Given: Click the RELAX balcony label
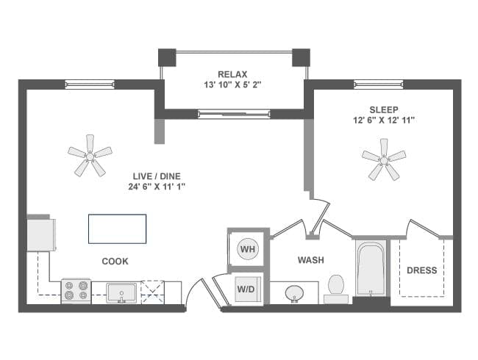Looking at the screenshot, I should (232, 74).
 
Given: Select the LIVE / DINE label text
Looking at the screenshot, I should (156, 176).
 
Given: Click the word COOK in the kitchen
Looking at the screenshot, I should (115, 261).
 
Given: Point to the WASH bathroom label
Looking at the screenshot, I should (311, 260).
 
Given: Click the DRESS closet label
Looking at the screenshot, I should (421, 270).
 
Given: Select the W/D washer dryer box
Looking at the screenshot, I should (246, 288).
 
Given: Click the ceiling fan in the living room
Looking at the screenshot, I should (90, 155).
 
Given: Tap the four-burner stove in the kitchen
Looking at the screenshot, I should (75, 292).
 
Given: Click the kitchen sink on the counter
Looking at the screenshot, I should (121, 293).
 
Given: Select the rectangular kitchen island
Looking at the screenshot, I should (117, 228).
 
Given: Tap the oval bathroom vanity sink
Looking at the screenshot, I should (296, 293).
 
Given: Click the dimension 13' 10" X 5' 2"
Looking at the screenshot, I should (232, 85).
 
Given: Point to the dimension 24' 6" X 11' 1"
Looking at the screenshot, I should (156, 187).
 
